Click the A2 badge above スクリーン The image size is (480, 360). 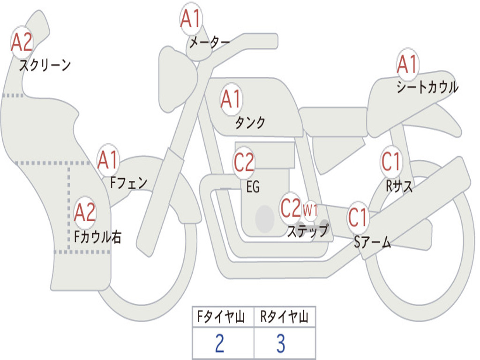point(22,43)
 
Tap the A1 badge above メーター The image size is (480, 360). point(191,19)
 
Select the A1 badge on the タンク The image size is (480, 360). point(231,99)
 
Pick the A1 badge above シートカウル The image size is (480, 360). point(407,64)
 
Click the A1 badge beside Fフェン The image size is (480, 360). point(108,160)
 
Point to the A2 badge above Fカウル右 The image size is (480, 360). point(84,212)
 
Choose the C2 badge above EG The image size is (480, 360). point(244,162)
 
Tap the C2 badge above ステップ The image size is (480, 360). point(291,208)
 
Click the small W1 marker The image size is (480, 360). point(310,210)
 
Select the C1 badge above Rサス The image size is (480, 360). point(391,162)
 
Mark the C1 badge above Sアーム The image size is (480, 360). point(358,217)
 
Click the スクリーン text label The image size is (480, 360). point(45,65)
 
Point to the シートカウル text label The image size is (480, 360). point(427,87)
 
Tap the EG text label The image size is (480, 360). point(253,187)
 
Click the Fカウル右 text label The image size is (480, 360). point(97,237)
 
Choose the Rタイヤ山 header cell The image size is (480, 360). point(285,316)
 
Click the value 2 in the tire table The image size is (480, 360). point(219,343)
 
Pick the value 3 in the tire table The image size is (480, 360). point(281,343)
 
